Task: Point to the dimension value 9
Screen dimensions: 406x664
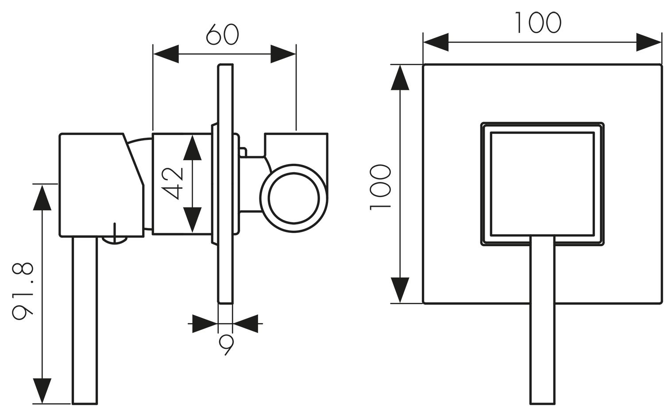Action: click(226, 345)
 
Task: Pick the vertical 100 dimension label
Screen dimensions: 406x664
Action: click(381, 187)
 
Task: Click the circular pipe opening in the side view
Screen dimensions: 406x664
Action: click(293, 197)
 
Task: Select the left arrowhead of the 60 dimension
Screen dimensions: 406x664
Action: click(165, 54)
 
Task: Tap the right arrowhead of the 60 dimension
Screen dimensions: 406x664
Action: click(283, 54)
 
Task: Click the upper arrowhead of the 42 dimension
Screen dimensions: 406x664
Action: click(192, 148)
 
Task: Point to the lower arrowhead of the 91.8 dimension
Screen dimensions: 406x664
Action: click(42, 391)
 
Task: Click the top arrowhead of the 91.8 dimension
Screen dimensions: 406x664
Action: click(42, 197)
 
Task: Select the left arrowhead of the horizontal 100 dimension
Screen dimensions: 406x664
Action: click(436, 42)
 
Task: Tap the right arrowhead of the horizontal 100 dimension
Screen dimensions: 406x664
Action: click(649, 42)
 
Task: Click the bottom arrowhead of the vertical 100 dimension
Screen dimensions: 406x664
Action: click(400, 290)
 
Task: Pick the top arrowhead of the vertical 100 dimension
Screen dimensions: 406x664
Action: click(400, 77)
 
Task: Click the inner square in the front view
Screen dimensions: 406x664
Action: click(542, 184)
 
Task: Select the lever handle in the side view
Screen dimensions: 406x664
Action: click(85, 319)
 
